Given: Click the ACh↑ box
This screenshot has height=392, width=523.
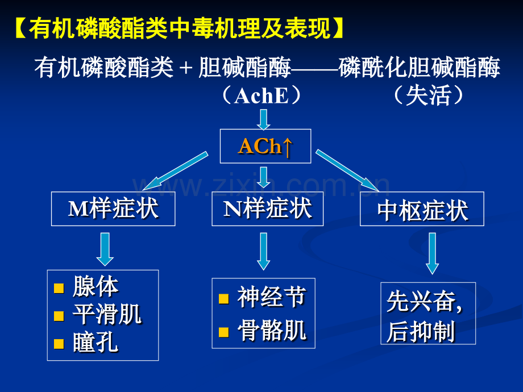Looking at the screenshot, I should tap(265, 147).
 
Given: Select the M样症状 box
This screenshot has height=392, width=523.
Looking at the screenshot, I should tap(113, 208).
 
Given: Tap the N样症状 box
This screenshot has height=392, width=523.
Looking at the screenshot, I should tap(267, 208).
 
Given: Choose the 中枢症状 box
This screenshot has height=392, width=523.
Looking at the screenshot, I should tap(422, 211).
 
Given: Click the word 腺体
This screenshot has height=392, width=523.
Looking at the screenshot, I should tap(96, 287).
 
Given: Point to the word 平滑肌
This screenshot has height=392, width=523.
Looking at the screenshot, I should tap(107, 315).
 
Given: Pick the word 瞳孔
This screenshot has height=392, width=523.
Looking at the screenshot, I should tap(96, 343).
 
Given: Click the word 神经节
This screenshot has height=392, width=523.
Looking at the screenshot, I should tap(272, 297).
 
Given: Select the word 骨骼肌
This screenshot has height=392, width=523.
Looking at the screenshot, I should tap(272, 331).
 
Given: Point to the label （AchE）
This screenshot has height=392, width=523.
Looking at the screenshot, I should tap(261, 96).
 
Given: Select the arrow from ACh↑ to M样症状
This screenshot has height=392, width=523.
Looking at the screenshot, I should tap(175, 170).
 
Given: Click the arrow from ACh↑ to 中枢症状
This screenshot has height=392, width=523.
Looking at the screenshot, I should tap(347, 170).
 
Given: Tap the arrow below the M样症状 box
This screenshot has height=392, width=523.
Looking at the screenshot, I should tap(105, 249).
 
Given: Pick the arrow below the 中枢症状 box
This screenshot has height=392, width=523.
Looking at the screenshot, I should tap(432, 253).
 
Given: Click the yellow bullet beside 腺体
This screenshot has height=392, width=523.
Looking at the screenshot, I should tap(59, 289).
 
